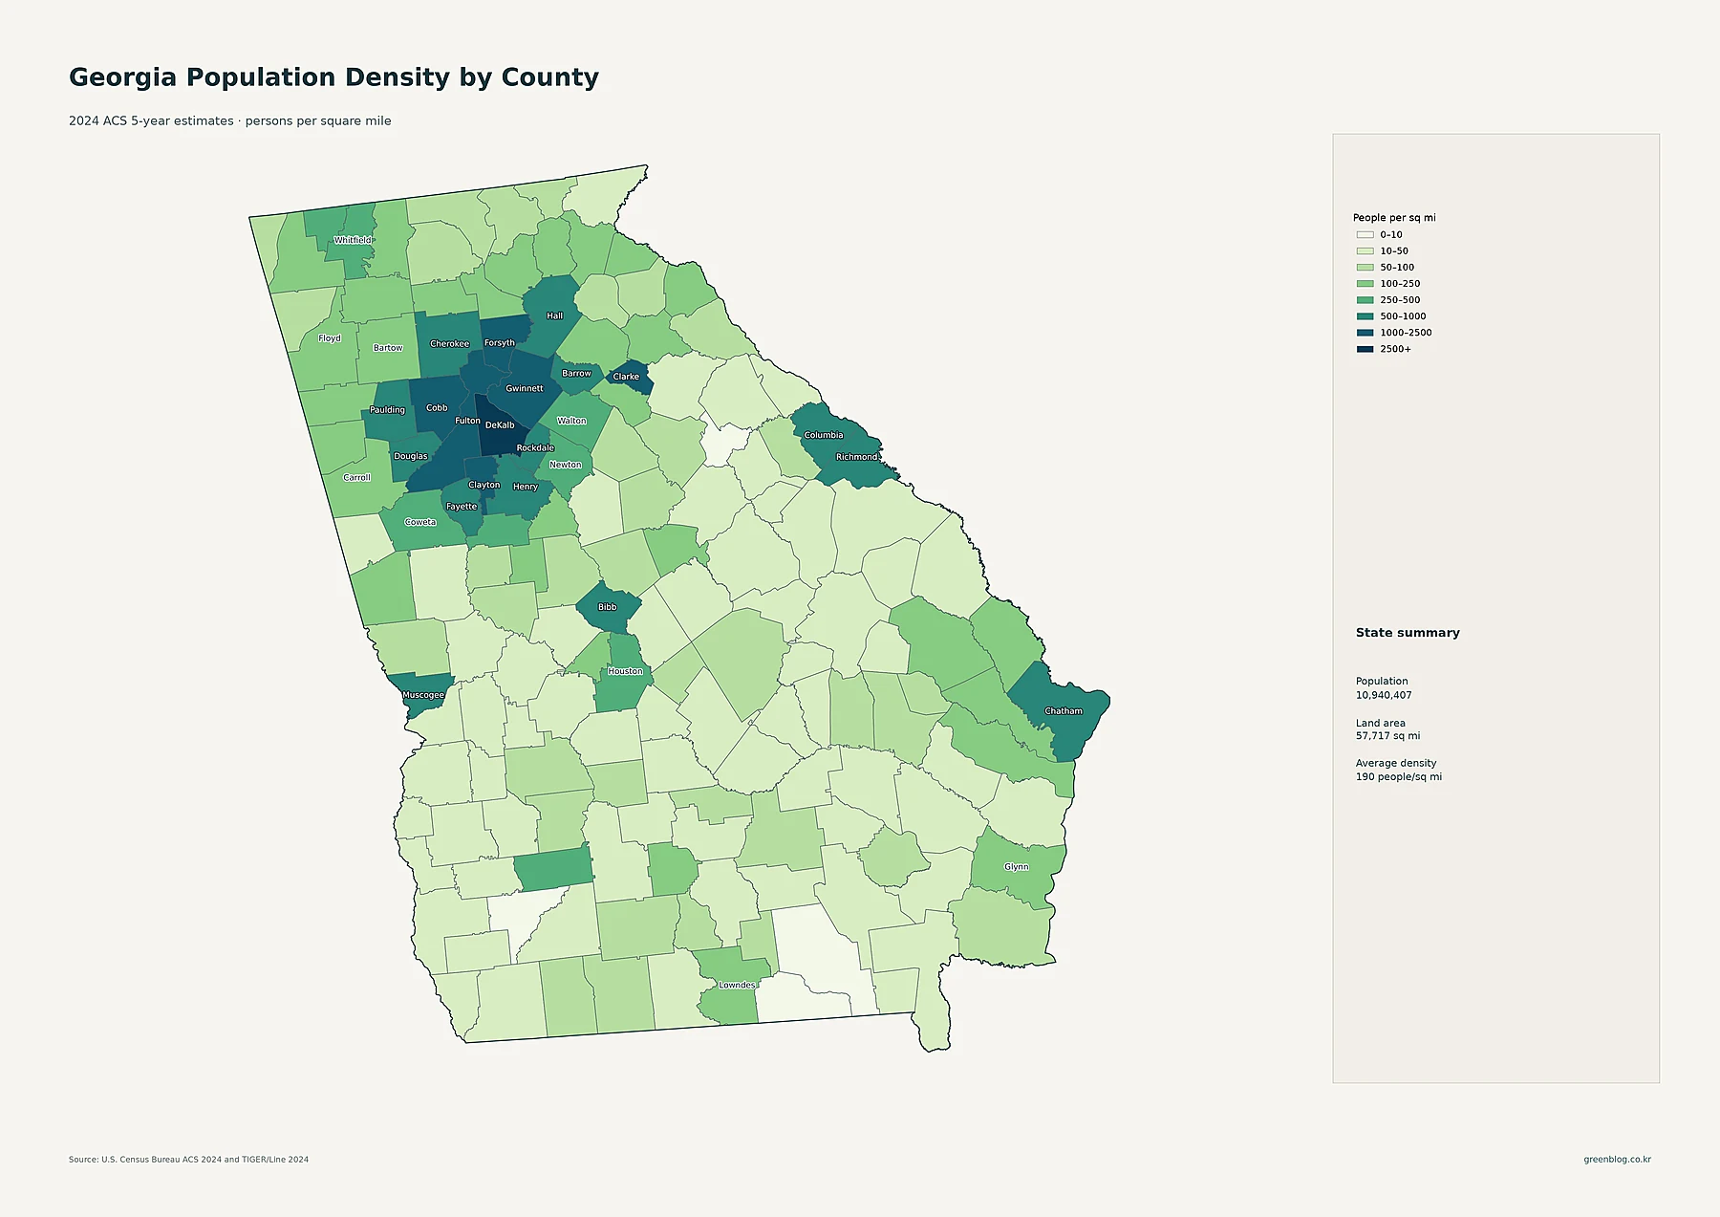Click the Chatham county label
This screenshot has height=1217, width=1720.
1064,711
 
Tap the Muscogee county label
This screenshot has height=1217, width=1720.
423,695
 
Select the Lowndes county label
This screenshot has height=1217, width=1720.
737,985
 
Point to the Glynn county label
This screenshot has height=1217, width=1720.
1017,867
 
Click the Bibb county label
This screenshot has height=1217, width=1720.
607,607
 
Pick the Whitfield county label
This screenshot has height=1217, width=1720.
353,240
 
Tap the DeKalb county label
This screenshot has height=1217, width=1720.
500,425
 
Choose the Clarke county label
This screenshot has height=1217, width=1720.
626,377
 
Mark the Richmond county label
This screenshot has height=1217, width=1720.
856,457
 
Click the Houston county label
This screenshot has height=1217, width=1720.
625,671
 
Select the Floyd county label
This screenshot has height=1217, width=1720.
330,338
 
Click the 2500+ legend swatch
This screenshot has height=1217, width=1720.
1365,349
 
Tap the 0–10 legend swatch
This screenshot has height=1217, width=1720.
1365,235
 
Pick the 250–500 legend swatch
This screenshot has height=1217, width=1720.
1365,300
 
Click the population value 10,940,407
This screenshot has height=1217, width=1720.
1384,695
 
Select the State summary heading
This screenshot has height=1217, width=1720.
1408,633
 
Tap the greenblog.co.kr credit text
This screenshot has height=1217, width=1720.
1617,1160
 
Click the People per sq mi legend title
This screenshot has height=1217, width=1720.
1394,218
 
